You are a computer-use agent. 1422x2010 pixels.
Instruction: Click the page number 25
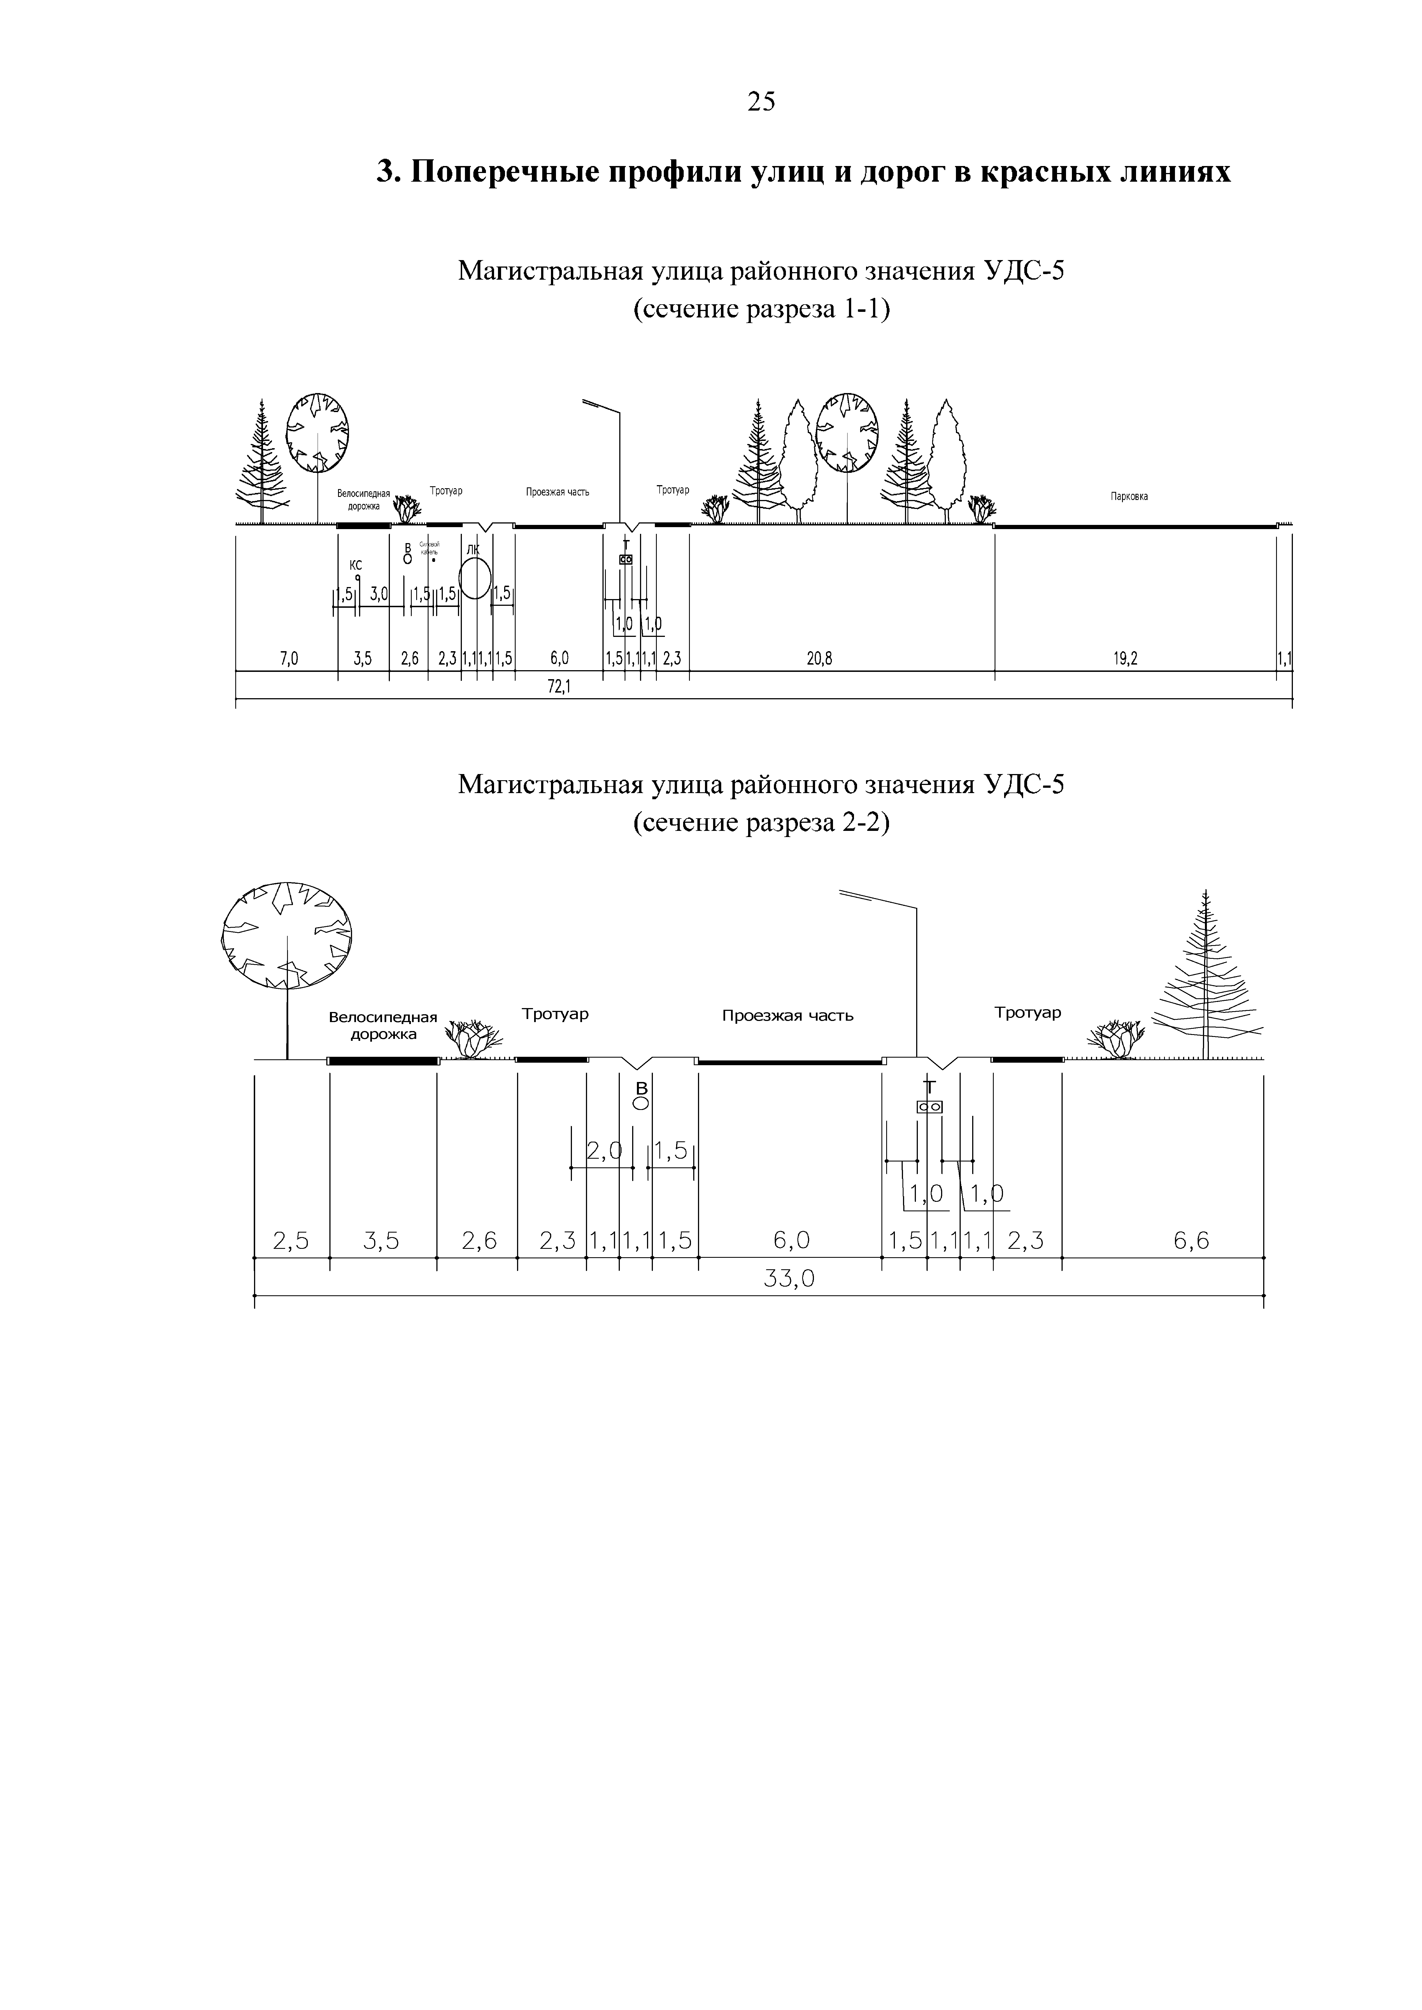761,102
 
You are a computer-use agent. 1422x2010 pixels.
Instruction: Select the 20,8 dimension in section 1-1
819,659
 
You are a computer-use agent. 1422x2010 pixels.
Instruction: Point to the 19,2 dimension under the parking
1125,659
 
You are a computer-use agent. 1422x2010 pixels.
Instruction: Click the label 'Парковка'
1129,496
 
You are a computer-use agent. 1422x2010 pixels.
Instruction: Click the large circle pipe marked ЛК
474,579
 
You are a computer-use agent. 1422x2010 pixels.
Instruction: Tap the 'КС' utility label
355,565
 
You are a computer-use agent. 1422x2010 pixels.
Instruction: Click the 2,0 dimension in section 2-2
602,1152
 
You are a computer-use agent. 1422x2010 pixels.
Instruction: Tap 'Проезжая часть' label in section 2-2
787,1016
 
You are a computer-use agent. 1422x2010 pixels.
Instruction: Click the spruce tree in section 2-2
1207,980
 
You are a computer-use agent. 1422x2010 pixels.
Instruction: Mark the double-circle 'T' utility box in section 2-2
929,1107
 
